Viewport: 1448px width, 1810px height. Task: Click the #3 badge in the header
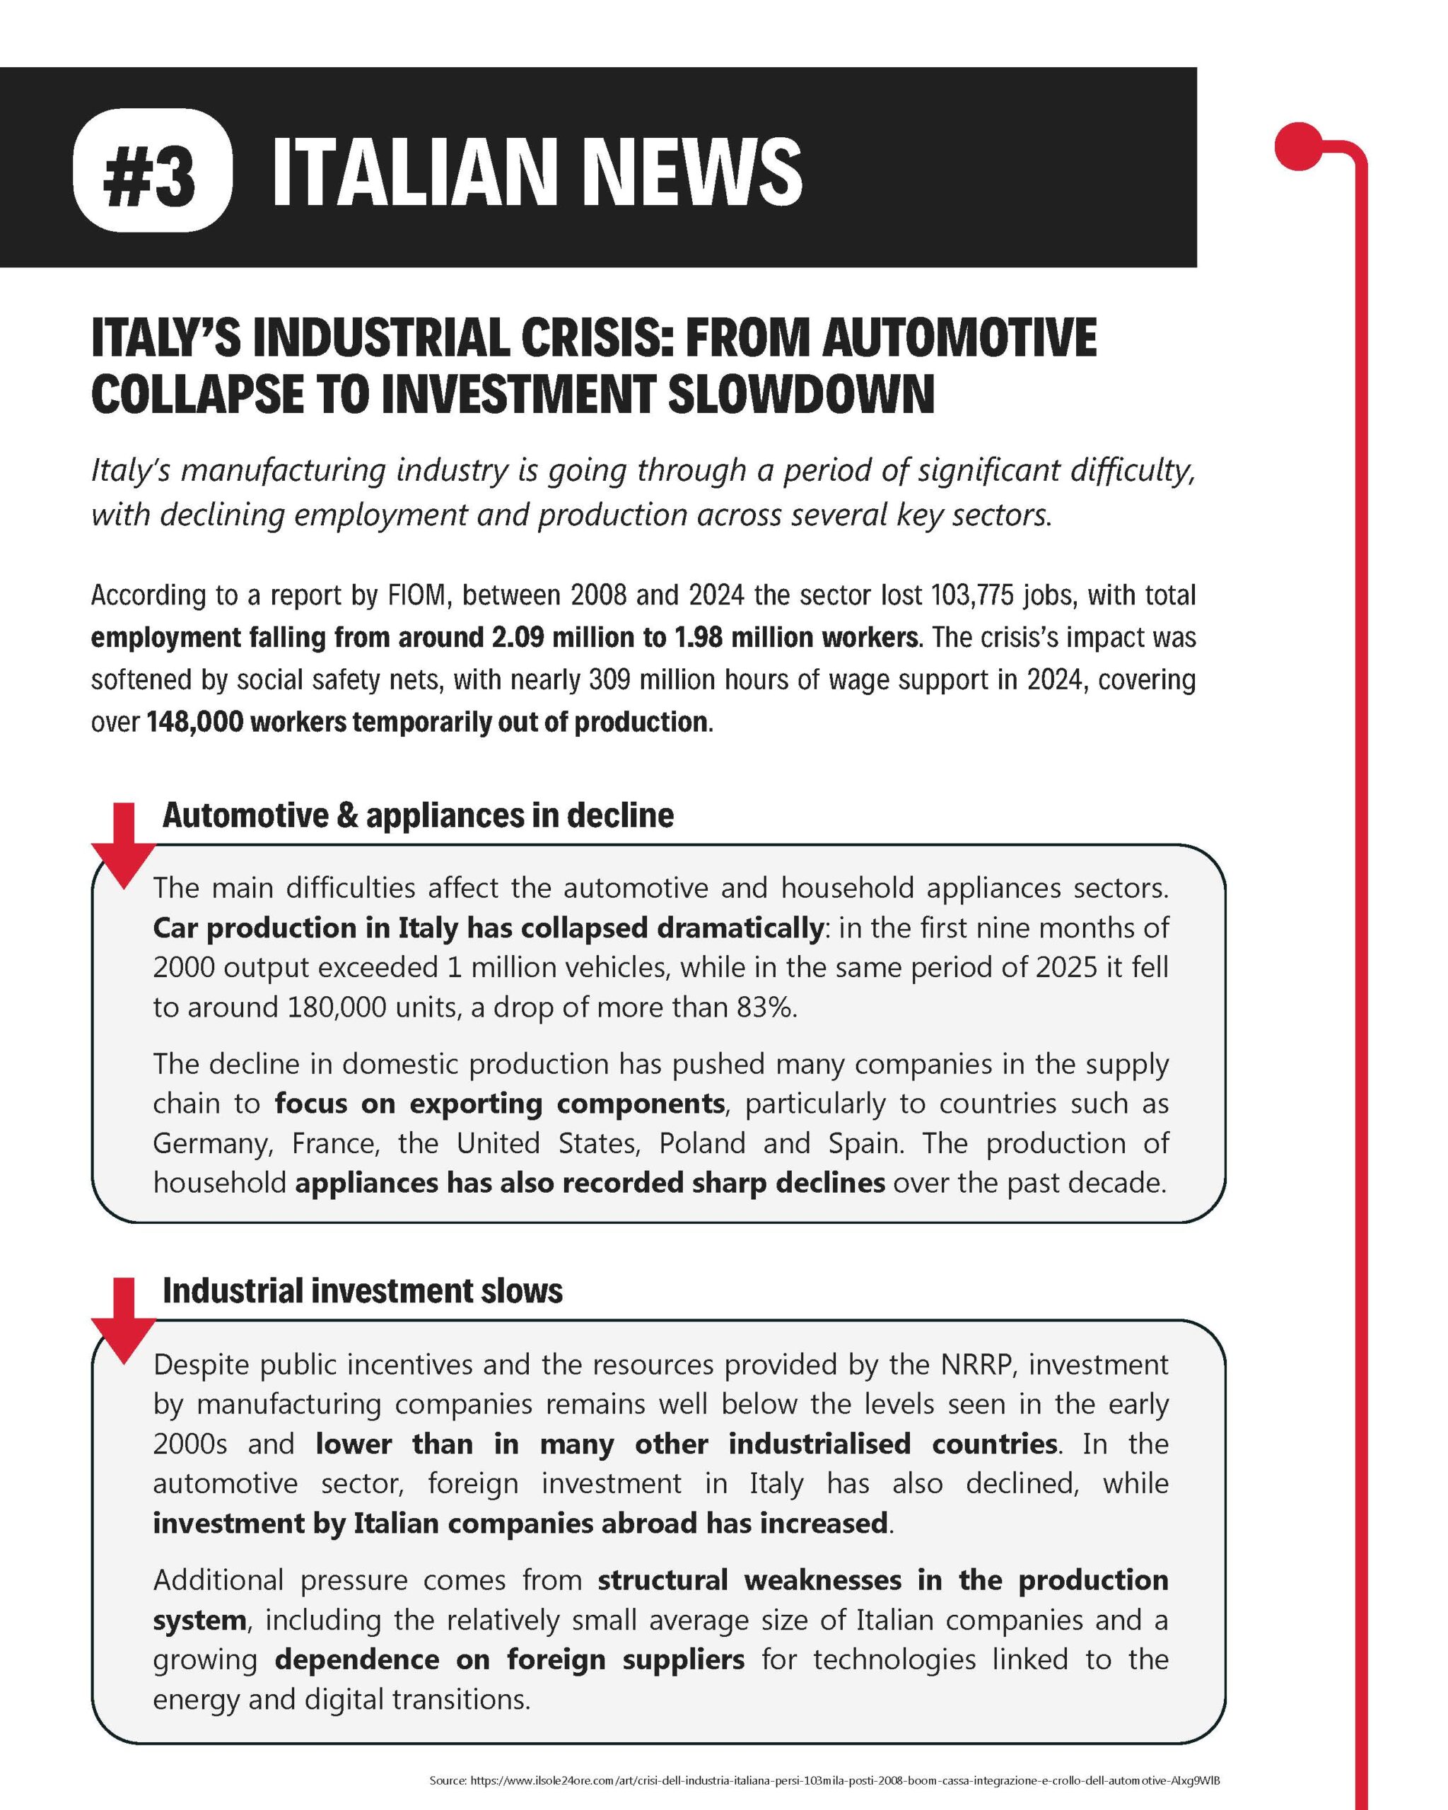click(151, 170)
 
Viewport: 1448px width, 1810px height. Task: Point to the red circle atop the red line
click(1297, 146)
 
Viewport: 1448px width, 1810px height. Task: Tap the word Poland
click(702, 1143)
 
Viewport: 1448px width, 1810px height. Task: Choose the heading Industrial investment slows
click(363, 1290)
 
